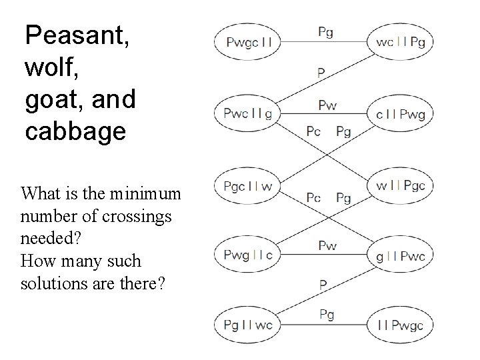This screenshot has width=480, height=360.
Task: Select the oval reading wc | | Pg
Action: click(x=400, y=42)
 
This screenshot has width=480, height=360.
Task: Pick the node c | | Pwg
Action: click(x=400, y=113)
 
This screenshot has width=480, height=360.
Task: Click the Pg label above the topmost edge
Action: click(x=326, y=32)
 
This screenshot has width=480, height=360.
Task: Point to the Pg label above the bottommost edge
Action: click(x=327, y=314)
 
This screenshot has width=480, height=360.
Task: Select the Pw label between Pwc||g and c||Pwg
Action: click(x=327, y=105)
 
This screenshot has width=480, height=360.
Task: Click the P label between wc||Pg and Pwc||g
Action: click(x=321, y=73)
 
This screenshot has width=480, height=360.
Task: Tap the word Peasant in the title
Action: click(x=77, y=35)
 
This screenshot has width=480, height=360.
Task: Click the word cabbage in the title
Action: click(x=75, y=131)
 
